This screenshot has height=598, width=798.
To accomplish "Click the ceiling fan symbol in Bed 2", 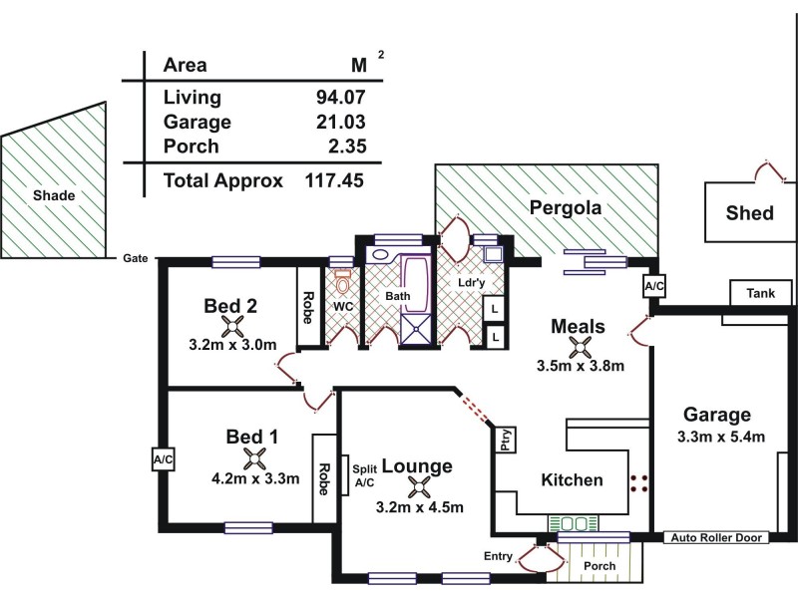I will [232, 326].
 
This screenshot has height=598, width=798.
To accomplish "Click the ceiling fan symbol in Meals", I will [578, 346].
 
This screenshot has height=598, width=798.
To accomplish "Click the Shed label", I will [749, 212].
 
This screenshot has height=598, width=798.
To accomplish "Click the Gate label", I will [136, 258].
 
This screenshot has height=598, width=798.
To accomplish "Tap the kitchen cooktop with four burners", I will [639, 484].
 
